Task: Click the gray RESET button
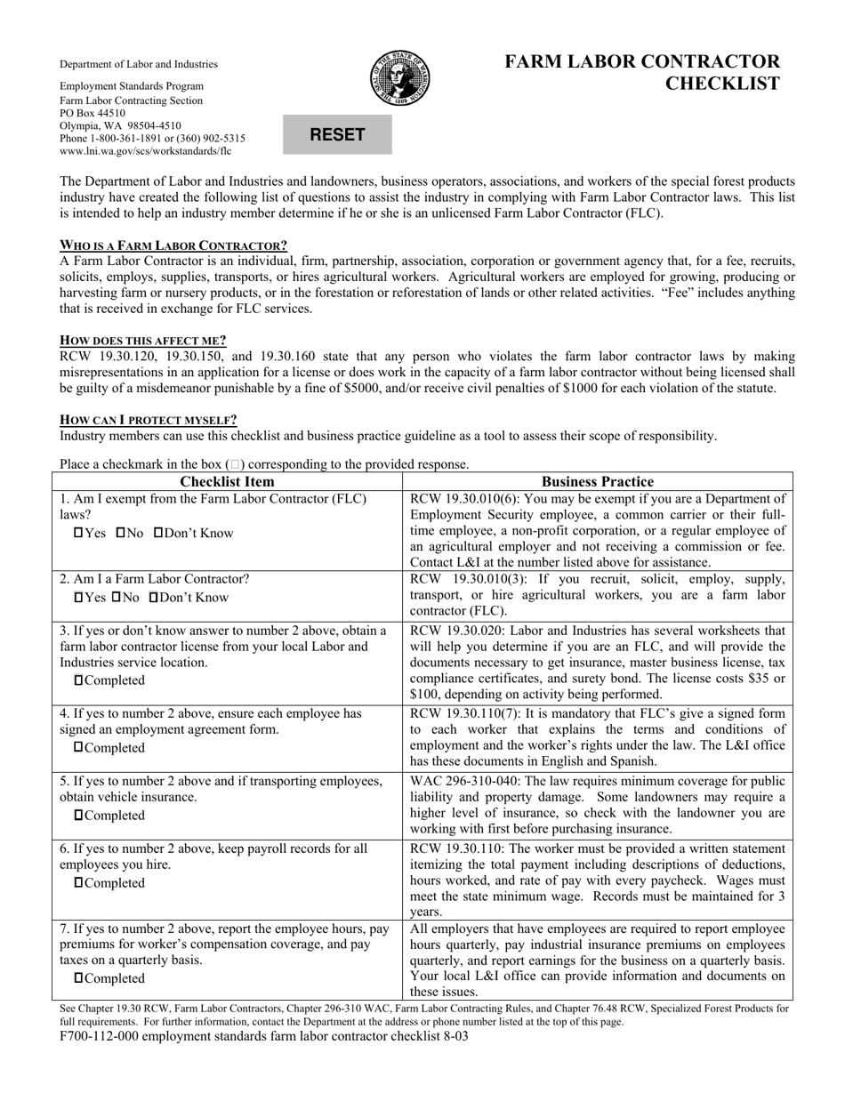[x=337, y=135]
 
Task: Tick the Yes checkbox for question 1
[x=78, y=534]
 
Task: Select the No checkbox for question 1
[x=121, y=534]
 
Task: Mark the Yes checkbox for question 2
[x=78, y=598]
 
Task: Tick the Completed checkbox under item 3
[x=80, y=680]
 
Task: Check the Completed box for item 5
[x=80, y=816]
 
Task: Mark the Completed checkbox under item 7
[x=80, y=978]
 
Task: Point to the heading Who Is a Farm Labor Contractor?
[x=173, y=245]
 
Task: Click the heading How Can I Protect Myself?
[x=149, y=420]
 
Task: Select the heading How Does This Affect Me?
[x=143, y=340]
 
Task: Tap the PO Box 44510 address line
[x=93, y=114]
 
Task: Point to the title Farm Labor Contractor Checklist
[x=642, y=73]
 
